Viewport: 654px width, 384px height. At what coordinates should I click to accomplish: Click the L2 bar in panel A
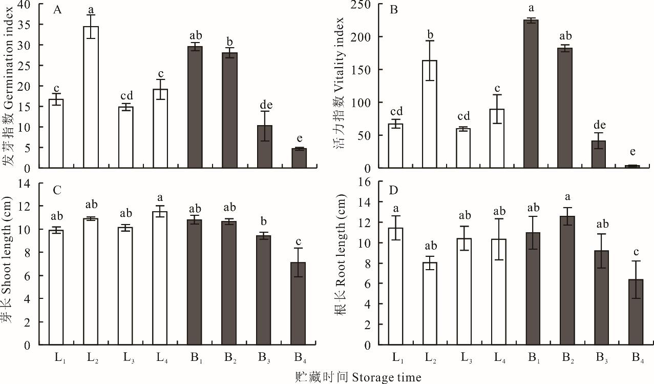tap(91, 97)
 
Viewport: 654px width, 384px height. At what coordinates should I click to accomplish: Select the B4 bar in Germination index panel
tap(299, 158)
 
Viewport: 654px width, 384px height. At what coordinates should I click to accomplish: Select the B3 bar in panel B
tap(599, 154)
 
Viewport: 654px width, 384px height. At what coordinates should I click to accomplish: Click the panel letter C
tap(57, 190)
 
